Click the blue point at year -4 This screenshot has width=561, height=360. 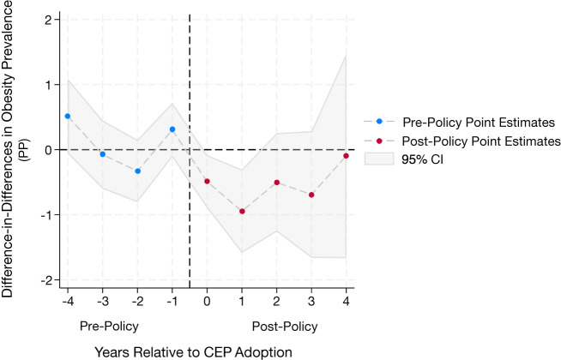click(68, 116)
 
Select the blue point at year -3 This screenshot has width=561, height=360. click(102, 154)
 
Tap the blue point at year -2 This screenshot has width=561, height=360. click(137, 171)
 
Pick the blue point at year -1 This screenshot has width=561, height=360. click(172, 129)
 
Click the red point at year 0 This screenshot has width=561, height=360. click(207, 181)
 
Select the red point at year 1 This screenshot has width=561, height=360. click(242, 211)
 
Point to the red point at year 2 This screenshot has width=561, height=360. click(276, 183)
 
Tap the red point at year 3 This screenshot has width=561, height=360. click(311, 195)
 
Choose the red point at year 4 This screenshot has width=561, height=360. click(346, 156)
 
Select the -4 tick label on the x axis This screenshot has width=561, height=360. click(66, 302)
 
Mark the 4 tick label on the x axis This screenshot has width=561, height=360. click(346, 302)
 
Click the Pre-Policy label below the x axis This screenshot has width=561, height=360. click(109, 327)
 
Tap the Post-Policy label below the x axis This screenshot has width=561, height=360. click(285, 327)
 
